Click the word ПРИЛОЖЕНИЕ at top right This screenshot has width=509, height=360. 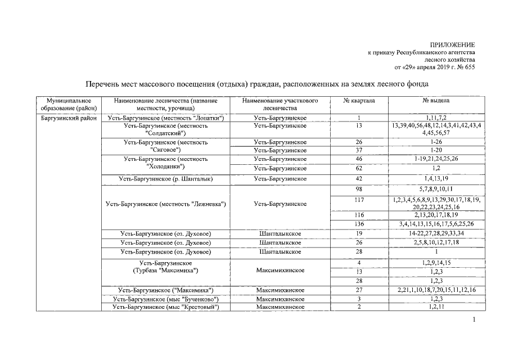(x=452, y=44)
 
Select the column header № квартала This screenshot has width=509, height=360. (x=359, y=100)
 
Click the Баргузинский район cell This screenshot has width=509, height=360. (x=69, y=118)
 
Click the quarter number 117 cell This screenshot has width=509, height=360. (x=359, y=200)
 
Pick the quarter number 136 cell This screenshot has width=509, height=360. (x=359, y=224)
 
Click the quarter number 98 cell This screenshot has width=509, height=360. (x=359, y=188)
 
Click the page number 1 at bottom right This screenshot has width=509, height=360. (x=474, y=320)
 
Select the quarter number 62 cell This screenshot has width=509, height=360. (x=359, y=168)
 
